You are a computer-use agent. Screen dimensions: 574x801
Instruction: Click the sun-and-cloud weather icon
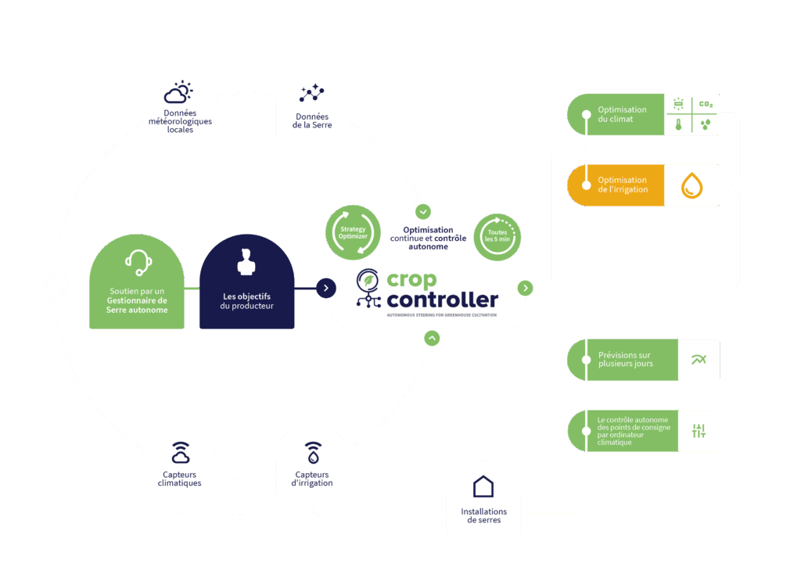click(x=178, y=93)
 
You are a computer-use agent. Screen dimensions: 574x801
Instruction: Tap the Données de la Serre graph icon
click(x=312, y=94)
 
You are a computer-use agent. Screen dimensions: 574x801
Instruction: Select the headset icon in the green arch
click(x=138, y=263)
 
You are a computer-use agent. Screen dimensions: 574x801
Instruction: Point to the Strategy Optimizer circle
click(x=352, y=231)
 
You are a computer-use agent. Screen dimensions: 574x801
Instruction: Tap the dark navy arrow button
click(x=325, y=288)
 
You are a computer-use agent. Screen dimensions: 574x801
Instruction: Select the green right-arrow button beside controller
click(x=526, y=288)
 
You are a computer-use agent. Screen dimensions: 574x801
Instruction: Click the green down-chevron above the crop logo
click(x=423, y=211)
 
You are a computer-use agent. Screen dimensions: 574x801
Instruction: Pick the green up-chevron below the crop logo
click(x=432, y=338)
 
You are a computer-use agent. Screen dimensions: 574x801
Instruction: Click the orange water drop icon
click(x=691, y=185)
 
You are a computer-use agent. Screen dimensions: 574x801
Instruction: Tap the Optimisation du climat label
click(x=622, y=114)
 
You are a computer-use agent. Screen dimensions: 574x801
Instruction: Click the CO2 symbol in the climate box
click(x=706, y=104)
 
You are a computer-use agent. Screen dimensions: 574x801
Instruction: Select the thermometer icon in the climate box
click(x=678, y=124)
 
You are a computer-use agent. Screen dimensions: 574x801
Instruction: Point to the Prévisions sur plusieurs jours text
click(x=625, y=360)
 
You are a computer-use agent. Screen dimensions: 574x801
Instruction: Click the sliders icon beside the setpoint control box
click(x=699, y=431)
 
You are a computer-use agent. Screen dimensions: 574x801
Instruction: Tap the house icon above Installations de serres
click(x=483, y=486)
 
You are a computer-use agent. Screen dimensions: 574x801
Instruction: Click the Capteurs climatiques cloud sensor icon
click(x=180, y=452)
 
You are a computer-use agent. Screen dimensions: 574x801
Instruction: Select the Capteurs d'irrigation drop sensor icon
click(x=312, y=452)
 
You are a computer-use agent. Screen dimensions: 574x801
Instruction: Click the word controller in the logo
click(x=442, y=300)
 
